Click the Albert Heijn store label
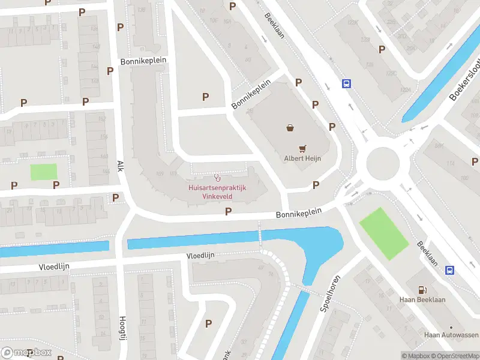tap(302, 159)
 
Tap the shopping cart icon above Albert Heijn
tap(302, 148)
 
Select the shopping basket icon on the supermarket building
tap(290, 127)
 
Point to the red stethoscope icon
tap(217, 178)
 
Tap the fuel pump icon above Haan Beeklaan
tap(422, 289)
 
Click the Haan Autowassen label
tap(451, 335)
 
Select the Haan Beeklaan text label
tap(422, 299)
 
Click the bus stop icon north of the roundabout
tap(346, 84)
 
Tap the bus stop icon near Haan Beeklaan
tap(449, 271)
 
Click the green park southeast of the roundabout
tap(383, 233)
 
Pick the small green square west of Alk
tap(44, 172)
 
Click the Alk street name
tap(120, 166)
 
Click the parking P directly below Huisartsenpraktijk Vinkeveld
tap(228, 211)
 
